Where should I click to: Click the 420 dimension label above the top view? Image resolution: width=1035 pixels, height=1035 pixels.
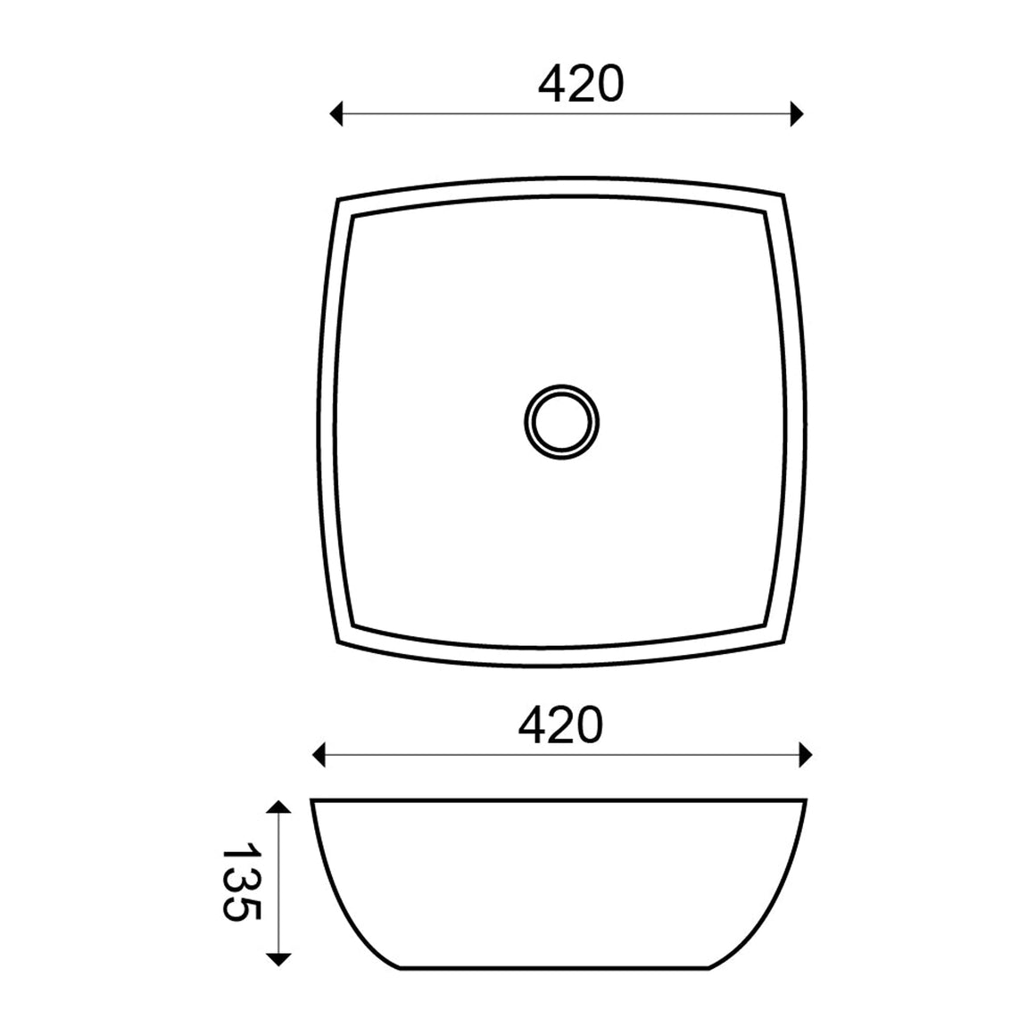pos(581,85)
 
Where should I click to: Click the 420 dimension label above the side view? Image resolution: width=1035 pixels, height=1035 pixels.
pos(560,724)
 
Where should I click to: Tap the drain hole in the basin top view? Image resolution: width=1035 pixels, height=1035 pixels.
pos(562,422)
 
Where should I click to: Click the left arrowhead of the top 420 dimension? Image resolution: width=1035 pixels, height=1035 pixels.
pos(336,113)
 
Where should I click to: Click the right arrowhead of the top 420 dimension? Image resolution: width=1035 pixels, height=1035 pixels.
pos(797,113)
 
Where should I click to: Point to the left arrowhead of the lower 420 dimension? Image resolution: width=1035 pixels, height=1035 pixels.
pos(319,755)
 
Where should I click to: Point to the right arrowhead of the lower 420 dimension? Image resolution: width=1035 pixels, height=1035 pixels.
pos(806,755)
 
